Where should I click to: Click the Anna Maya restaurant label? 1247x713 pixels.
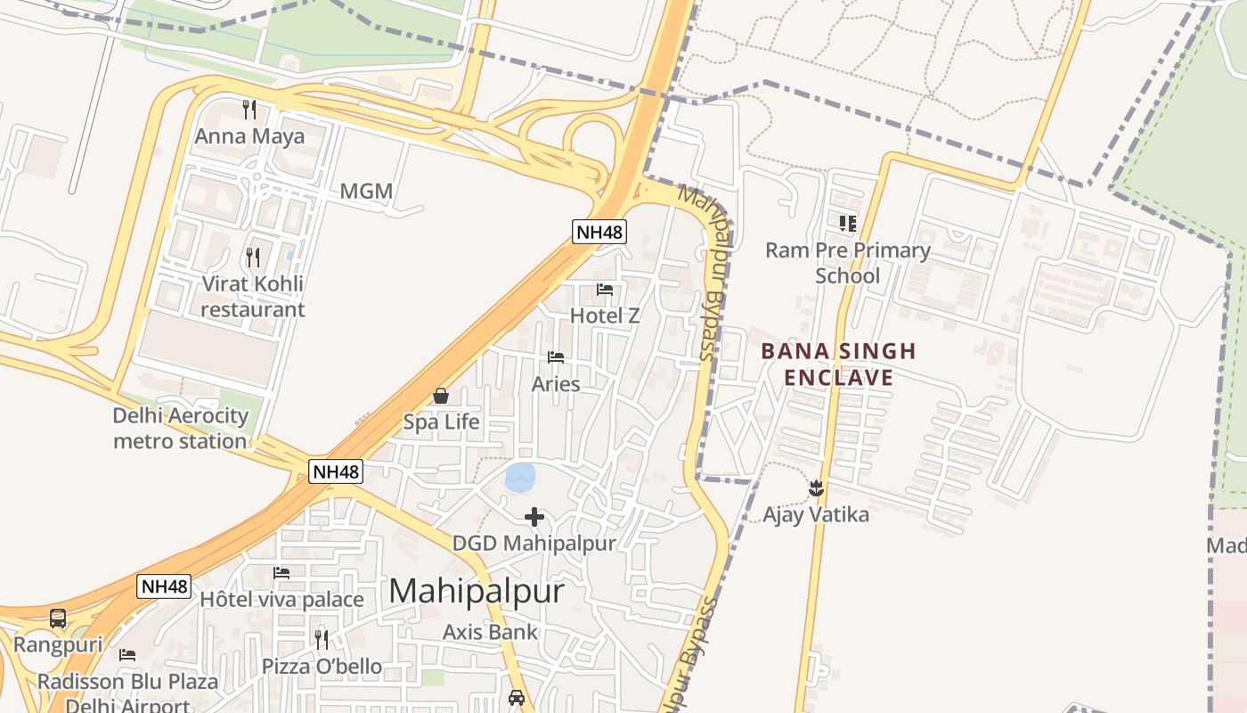[x=249, y=136]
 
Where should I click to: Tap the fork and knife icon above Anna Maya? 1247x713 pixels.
[x=249, y=110]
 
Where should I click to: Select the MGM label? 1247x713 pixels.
[x=366, y=192]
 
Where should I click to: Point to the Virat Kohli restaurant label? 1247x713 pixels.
[x=252, y=297]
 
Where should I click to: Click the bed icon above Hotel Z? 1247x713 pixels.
[x=605, y=290]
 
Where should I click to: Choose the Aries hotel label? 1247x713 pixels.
[x=556, y=384]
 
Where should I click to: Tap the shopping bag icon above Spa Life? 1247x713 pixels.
[x=441, y=396]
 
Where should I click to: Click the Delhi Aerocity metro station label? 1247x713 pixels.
[x=180, y=428]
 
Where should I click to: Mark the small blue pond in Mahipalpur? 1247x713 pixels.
[x=520, y=477]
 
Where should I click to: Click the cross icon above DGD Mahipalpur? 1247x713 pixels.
[x=534, y=517]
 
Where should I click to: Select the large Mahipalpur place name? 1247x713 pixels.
[x=477, y=591]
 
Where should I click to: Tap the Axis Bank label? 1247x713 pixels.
[x=491, y=632]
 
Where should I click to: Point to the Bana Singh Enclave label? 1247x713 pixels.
[x=838, y=364]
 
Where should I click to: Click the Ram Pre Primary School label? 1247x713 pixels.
[x=847, y=263]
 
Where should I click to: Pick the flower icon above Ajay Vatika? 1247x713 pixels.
[x=815, y=488]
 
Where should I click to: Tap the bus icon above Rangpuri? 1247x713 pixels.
[x=58, y=618]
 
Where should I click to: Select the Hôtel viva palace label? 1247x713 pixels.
[x=281, y=599]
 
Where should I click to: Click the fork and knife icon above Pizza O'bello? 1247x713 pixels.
[x=322, y=639]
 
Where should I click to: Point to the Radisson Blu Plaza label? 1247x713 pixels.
[x=127, y=682]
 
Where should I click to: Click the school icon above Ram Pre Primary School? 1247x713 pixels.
[x=847, y=223]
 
